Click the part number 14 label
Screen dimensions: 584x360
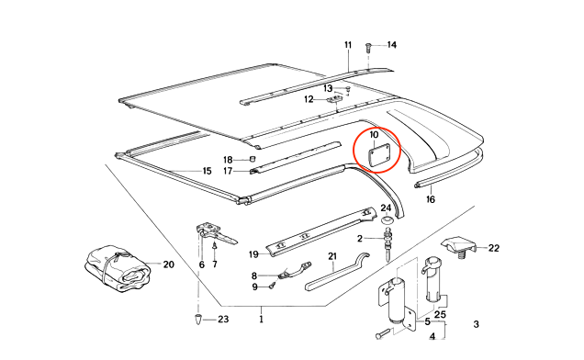[392, 45]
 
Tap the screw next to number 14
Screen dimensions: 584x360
[368, 48]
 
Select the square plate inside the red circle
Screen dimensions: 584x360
[378, 154]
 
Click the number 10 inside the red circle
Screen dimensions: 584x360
[375, 134]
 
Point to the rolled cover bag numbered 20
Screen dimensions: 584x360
[116, 268]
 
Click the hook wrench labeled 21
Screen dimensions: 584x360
[337, 271]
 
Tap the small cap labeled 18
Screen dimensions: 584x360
[253, 159]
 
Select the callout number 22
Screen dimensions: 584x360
[494, 248]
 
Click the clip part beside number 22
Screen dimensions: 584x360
[459, 246]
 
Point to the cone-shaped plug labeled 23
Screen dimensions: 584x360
[199, 319]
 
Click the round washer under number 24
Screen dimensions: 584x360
[387, 219]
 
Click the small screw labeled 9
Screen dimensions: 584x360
[273, 286]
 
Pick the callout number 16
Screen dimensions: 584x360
[430, 199]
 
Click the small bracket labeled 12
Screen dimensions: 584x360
[333, 99]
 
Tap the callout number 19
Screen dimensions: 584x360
[253, 254]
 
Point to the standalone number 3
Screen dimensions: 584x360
[476, 324]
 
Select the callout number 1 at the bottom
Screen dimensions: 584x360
[261, 320]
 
